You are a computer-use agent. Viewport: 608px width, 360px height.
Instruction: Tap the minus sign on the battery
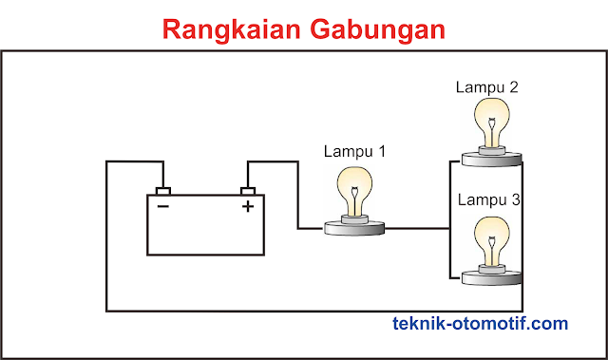coord(163,205)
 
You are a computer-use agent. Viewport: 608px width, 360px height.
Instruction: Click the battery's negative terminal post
coord(162,190)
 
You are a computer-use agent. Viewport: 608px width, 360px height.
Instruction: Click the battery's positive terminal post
coord(249,190)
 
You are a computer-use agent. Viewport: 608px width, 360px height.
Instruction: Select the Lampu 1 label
coord(355,151)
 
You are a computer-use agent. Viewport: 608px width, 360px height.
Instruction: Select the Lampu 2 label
coord(487,87)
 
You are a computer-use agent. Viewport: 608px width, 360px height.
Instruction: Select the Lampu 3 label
coord(489,200)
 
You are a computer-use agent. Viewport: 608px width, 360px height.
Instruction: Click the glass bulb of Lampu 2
coord(491,118)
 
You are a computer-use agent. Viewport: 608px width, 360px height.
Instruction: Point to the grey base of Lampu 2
coord(491,159)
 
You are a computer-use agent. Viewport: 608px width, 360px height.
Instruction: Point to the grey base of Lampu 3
coord(491,276)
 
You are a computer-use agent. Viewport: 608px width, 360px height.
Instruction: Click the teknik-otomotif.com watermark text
coord(480,324)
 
